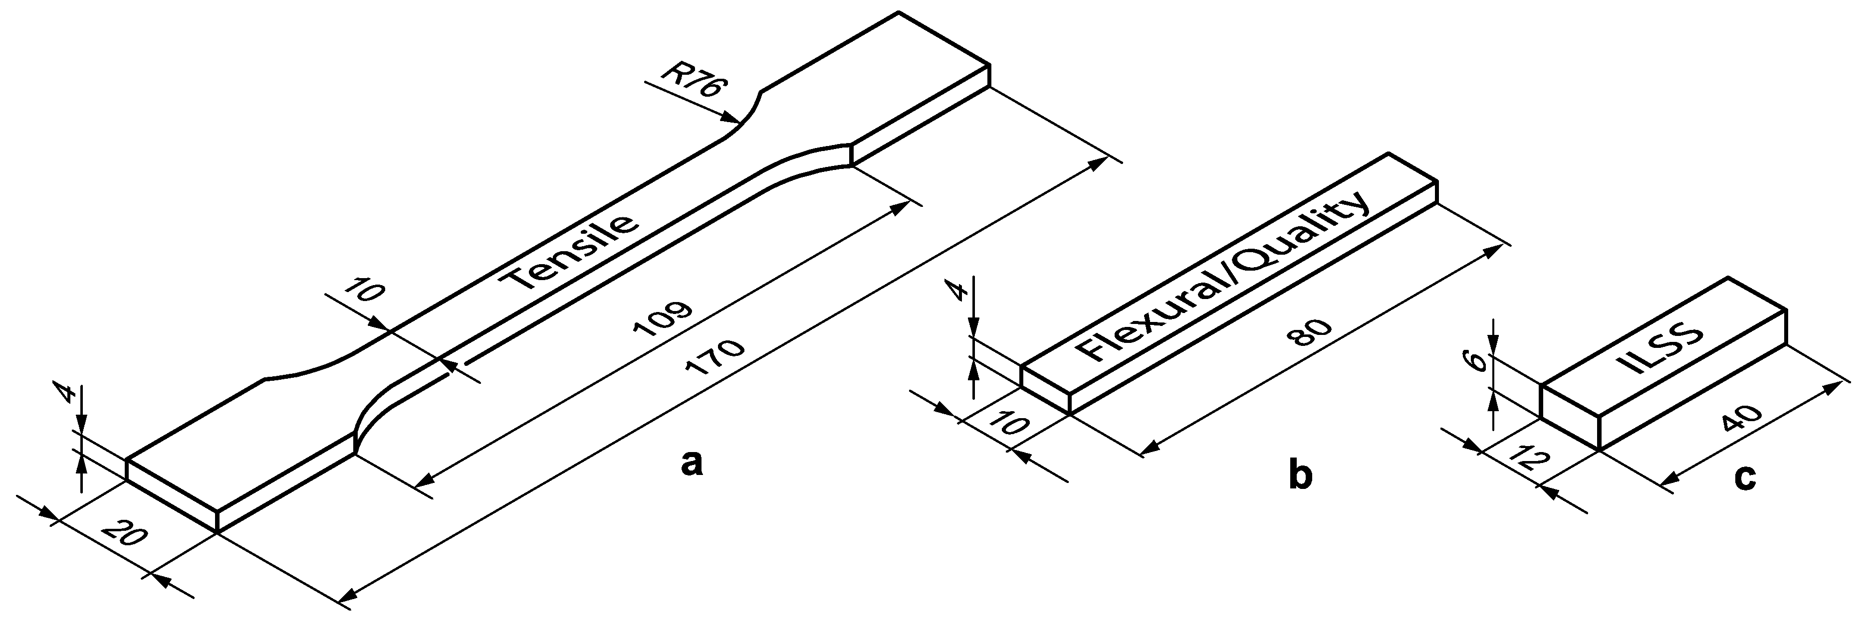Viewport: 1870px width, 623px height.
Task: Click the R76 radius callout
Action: click(x=693, y=85)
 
